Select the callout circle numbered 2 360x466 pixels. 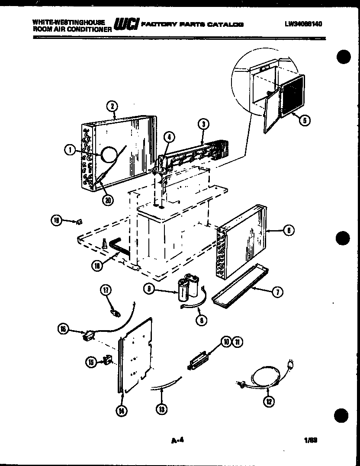(x=112, y=106)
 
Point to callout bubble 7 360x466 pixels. (x=276, y=292)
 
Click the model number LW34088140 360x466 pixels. (x=303, y=25)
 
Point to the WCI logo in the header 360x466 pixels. (x=125, y=24)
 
